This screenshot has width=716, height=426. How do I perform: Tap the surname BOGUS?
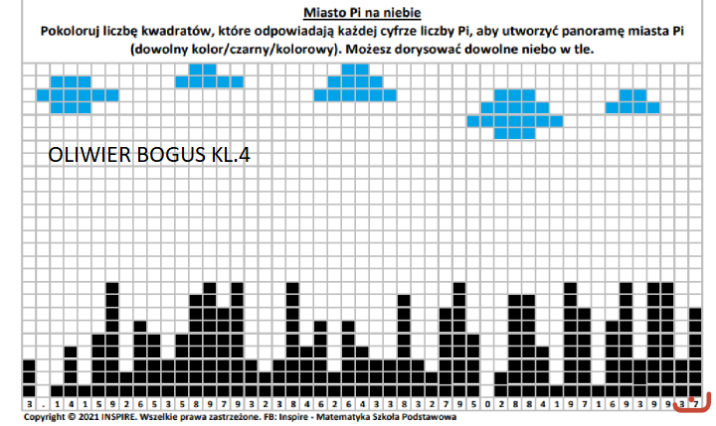pyautogui.click(x=167, y=156)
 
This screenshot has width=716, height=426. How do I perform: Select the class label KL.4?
pyautogui.click(x=230, y=156)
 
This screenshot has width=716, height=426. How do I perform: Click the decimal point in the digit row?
pyautogui.click(x=44, y=404)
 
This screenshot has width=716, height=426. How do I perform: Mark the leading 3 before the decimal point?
pyautogui.click(x=31, y=404)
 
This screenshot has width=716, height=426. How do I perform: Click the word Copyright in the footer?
pyautogui.click(x=42, y=418)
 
